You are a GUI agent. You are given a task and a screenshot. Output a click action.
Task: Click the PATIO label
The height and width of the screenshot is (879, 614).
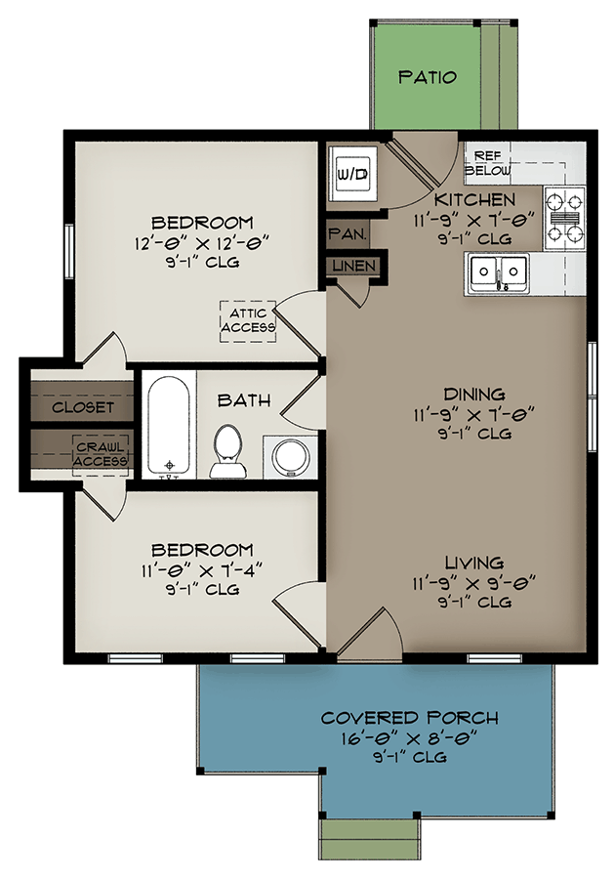pyautogui.click(x=428, y=77)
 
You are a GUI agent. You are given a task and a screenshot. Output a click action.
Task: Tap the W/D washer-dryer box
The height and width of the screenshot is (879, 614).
pyautogui.click(x=351, y=174)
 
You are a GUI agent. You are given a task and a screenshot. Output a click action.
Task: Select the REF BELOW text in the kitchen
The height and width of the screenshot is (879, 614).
pyautogui.click(x=487, y=163)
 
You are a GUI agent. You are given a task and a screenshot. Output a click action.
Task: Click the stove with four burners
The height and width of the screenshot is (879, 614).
pyautogui.click(x=564, y=214)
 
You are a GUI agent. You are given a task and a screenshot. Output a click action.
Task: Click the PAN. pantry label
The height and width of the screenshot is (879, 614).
pyautogui.click(x=348, y=234)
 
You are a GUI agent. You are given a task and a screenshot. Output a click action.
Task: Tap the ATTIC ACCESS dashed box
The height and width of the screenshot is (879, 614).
pyautogui.click(x=248, y=320)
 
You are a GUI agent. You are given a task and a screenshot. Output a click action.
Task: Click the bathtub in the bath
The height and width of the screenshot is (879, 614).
pyautogui.click(x=170, y=424)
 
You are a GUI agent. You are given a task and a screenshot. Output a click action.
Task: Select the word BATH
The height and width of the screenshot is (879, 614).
pyautogui.click(x=244, y=400)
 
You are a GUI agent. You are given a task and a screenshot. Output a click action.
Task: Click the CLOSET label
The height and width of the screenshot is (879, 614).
pyautogui.click(x=83, y=407)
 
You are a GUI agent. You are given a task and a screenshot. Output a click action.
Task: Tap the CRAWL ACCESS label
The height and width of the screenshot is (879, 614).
pyautogui.click(x=101, y=454)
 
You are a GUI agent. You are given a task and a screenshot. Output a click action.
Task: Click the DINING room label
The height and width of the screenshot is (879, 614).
pyautogui.click(x=473, y=395)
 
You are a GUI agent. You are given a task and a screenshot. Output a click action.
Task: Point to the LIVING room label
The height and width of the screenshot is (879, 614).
pyautogui.click(x=473, y=563)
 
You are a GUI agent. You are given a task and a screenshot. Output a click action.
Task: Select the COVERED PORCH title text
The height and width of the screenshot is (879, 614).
pyautogui.click(x=410, y=718)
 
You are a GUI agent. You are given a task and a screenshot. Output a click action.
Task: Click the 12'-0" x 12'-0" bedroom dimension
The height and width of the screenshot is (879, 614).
pyautogui.click(x=203, y=242)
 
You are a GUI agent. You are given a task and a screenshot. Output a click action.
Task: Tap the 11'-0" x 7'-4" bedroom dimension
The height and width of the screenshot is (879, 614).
pyautogui.click(x=203, y=569)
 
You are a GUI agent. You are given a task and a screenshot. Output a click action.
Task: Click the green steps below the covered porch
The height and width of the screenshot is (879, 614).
pyautogui.click(x=370, y=839)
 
